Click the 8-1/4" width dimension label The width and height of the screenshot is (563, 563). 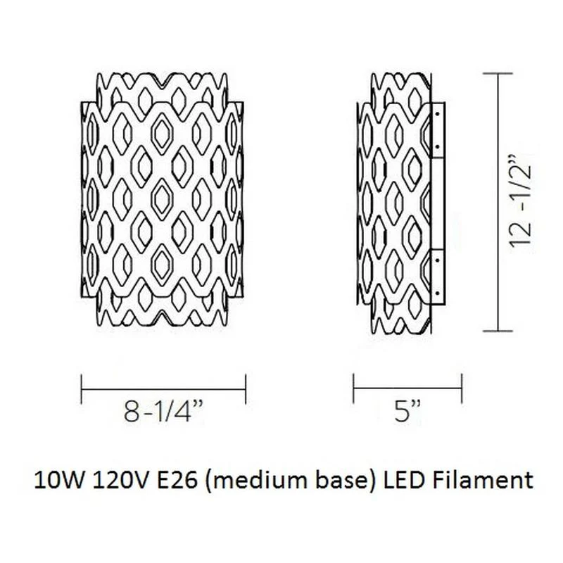tap(163, 412)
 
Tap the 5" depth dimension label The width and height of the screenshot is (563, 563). tap(407, 412)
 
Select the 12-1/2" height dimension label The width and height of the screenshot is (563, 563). tap(520, 201)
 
